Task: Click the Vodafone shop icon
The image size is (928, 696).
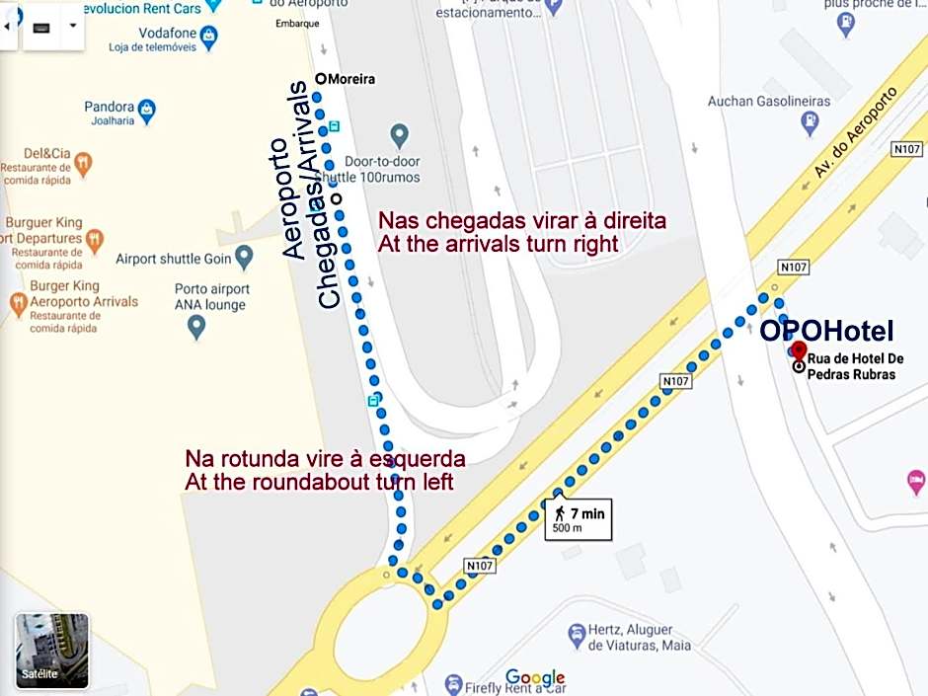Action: point(208,37)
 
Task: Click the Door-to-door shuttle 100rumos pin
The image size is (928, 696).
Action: point(400,134)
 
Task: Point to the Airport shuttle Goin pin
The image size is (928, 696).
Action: point(244,259)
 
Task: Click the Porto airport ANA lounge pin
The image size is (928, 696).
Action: point(196,327)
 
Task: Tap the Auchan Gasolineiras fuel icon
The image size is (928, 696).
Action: point(810,123)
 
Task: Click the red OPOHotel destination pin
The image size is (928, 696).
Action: point(799,351)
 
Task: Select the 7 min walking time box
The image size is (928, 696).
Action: point(579,519)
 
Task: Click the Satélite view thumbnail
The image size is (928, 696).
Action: point(52,650)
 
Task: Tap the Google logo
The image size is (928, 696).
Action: point(535,678)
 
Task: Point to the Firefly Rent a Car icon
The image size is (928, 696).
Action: point(453,683)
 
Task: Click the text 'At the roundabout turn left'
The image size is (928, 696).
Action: point(319,483)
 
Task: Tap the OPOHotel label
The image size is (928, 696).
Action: point(826,331)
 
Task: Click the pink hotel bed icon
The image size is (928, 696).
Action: point(916,482)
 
